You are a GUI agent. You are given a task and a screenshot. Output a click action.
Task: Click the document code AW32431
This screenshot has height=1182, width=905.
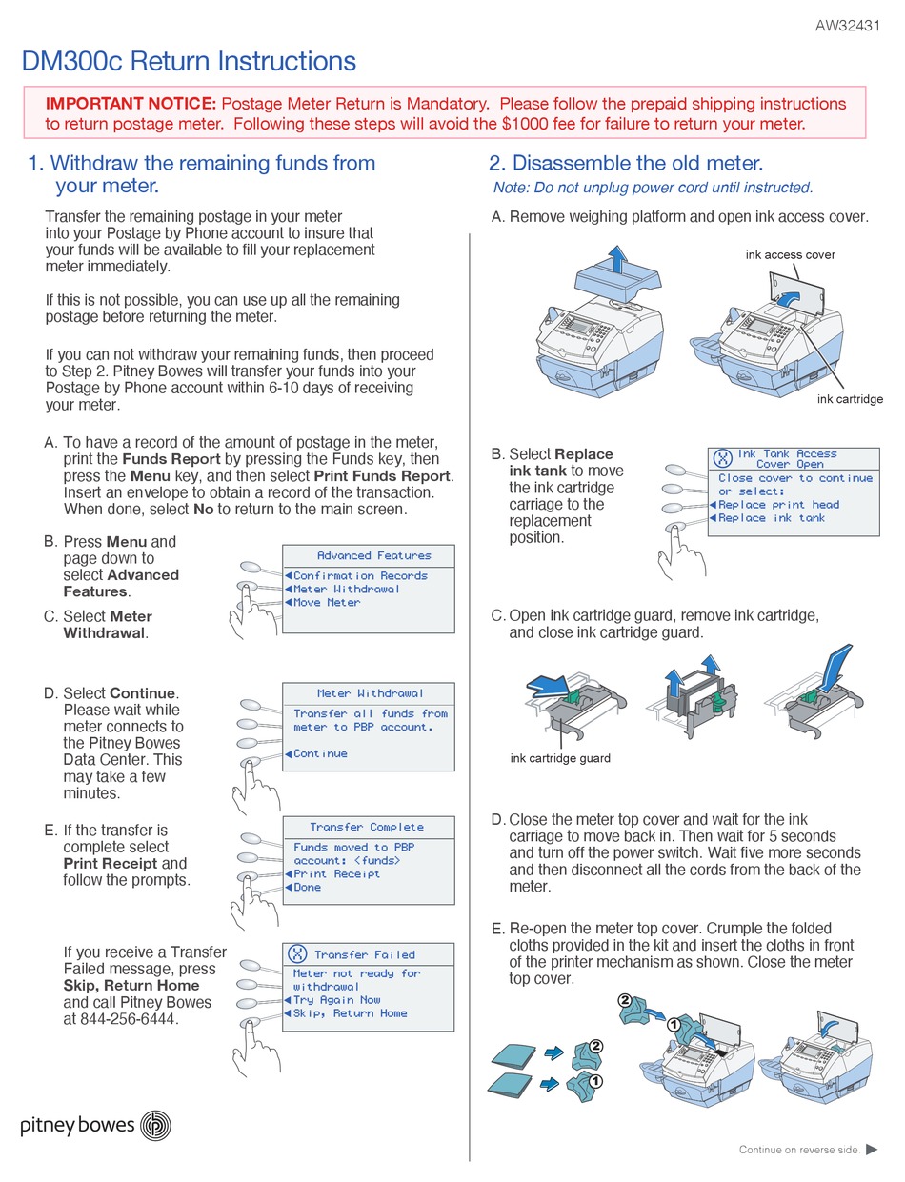pyautogui.click(x=847, y=27)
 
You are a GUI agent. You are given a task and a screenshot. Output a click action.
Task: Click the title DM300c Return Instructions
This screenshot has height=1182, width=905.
pyautogui.click(x=189, y=62)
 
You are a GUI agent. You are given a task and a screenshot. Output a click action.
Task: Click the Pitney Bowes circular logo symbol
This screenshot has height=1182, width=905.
pyautogui.click(x=155, y=1125)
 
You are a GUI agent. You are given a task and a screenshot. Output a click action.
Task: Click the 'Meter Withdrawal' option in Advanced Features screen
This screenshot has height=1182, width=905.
pyautogui.click(x=346, y=590)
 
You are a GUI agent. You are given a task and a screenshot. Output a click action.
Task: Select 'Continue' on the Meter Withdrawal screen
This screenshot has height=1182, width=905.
pyautogui.click(x=320, y=753)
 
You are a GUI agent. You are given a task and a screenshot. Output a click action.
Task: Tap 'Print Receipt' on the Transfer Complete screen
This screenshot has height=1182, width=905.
pyautogui.click(x=336, y=873)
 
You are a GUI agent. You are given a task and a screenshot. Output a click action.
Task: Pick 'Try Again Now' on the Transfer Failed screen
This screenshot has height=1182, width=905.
pyautogui.click(x=336, y=1000)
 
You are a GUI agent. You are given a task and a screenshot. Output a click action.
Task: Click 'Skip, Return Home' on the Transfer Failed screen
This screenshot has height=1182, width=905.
pyautogui.click(x=350, y=1013)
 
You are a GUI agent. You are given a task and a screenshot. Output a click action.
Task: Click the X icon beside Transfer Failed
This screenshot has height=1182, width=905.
pyautogui.click(x=297, y=954)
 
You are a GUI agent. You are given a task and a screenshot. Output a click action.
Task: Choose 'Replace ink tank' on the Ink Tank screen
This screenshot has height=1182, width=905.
pyautogui.click(x=771, y=518)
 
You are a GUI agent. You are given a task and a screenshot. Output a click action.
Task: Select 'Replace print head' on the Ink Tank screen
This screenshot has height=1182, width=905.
pyautogui.click(x=778, y=505)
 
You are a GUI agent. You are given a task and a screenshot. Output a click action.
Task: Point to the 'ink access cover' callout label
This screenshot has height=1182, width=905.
pyautogui.click(x=790, y=254)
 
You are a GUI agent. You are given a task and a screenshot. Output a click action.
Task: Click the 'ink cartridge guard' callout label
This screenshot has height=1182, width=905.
pyautogui.click(x=560, y=758)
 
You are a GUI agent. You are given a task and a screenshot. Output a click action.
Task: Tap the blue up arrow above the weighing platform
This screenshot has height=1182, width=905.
pyautogui.click(x=618, y=257)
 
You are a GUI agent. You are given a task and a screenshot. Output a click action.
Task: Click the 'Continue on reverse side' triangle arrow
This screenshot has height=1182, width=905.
pyautogui.click(x=871, y=1150)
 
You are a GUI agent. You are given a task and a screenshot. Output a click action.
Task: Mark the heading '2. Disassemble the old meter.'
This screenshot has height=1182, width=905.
pyautogui.click(x=626, y=164)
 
